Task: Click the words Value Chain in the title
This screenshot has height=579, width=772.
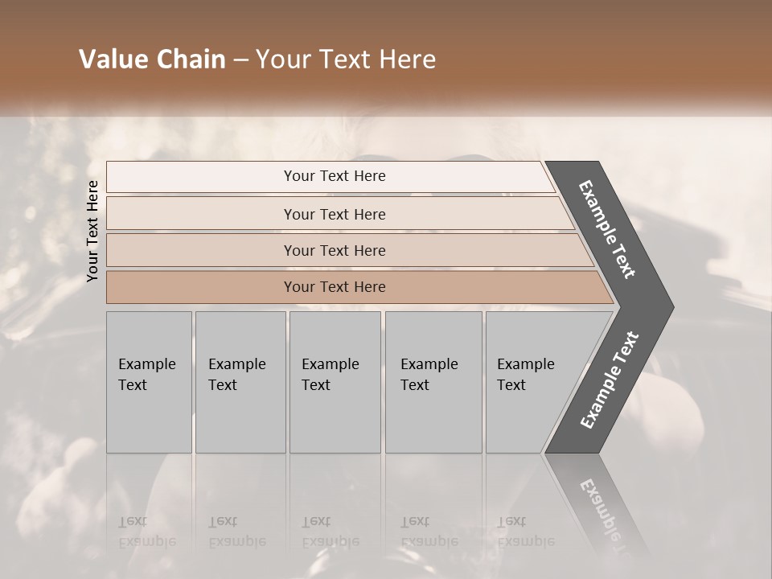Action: [152, 60]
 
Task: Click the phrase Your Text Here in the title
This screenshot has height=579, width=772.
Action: [346, 60]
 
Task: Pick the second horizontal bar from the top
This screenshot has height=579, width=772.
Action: [334, 214]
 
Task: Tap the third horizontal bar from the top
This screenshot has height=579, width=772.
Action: [334, 250]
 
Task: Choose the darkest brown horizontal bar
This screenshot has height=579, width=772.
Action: [334, 287]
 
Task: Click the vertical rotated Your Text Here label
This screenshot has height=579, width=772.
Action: [92, 231]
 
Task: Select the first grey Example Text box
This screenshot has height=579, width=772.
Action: [149, 382]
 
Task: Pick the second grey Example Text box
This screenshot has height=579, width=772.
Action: [240, 382]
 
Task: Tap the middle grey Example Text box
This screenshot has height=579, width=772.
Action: [335, 382]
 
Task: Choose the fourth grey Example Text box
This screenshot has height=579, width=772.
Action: [433, 382]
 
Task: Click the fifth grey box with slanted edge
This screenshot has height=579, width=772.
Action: [531, 382]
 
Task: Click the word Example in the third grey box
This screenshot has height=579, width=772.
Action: [330, 364]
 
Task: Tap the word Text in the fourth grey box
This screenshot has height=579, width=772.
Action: [415, 385]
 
